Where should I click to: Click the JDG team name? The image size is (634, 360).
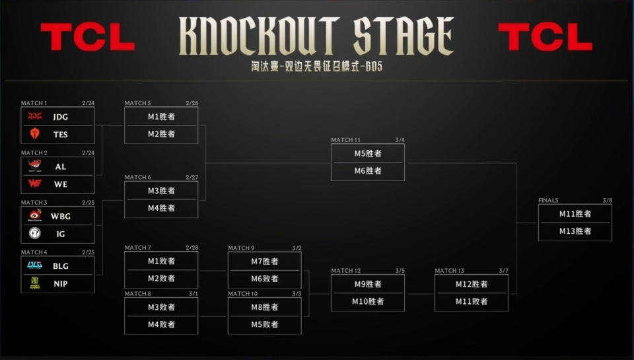(61, 117)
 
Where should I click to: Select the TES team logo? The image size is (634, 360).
(35, 134)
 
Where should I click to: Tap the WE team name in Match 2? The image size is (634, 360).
(61, 184)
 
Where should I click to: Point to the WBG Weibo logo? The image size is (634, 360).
(35, 216)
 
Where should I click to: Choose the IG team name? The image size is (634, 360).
(61, 234)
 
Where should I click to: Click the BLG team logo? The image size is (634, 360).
(35, 266)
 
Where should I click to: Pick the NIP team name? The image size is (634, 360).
(61, 283)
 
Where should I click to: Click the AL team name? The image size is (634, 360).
(61, 166)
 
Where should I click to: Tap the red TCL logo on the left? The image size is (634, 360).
(87, 36)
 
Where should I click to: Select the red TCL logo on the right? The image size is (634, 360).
(545, 36)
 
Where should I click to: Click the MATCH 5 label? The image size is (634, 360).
(138, 103)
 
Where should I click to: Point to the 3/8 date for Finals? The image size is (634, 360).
(607, 200)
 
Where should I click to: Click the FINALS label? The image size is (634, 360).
(548, 200)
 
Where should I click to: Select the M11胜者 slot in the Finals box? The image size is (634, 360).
(575, 213)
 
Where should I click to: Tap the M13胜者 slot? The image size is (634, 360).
(575, 231)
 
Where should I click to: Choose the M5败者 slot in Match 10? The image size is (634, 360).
(265, 324)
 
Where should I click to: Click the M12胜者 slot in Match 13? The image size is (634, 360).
(472, 284)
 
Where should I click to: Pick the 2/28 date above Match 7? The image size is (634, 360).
(192, 248)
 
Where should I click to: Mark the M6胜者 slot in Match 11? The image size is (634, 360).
(368, 171)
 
